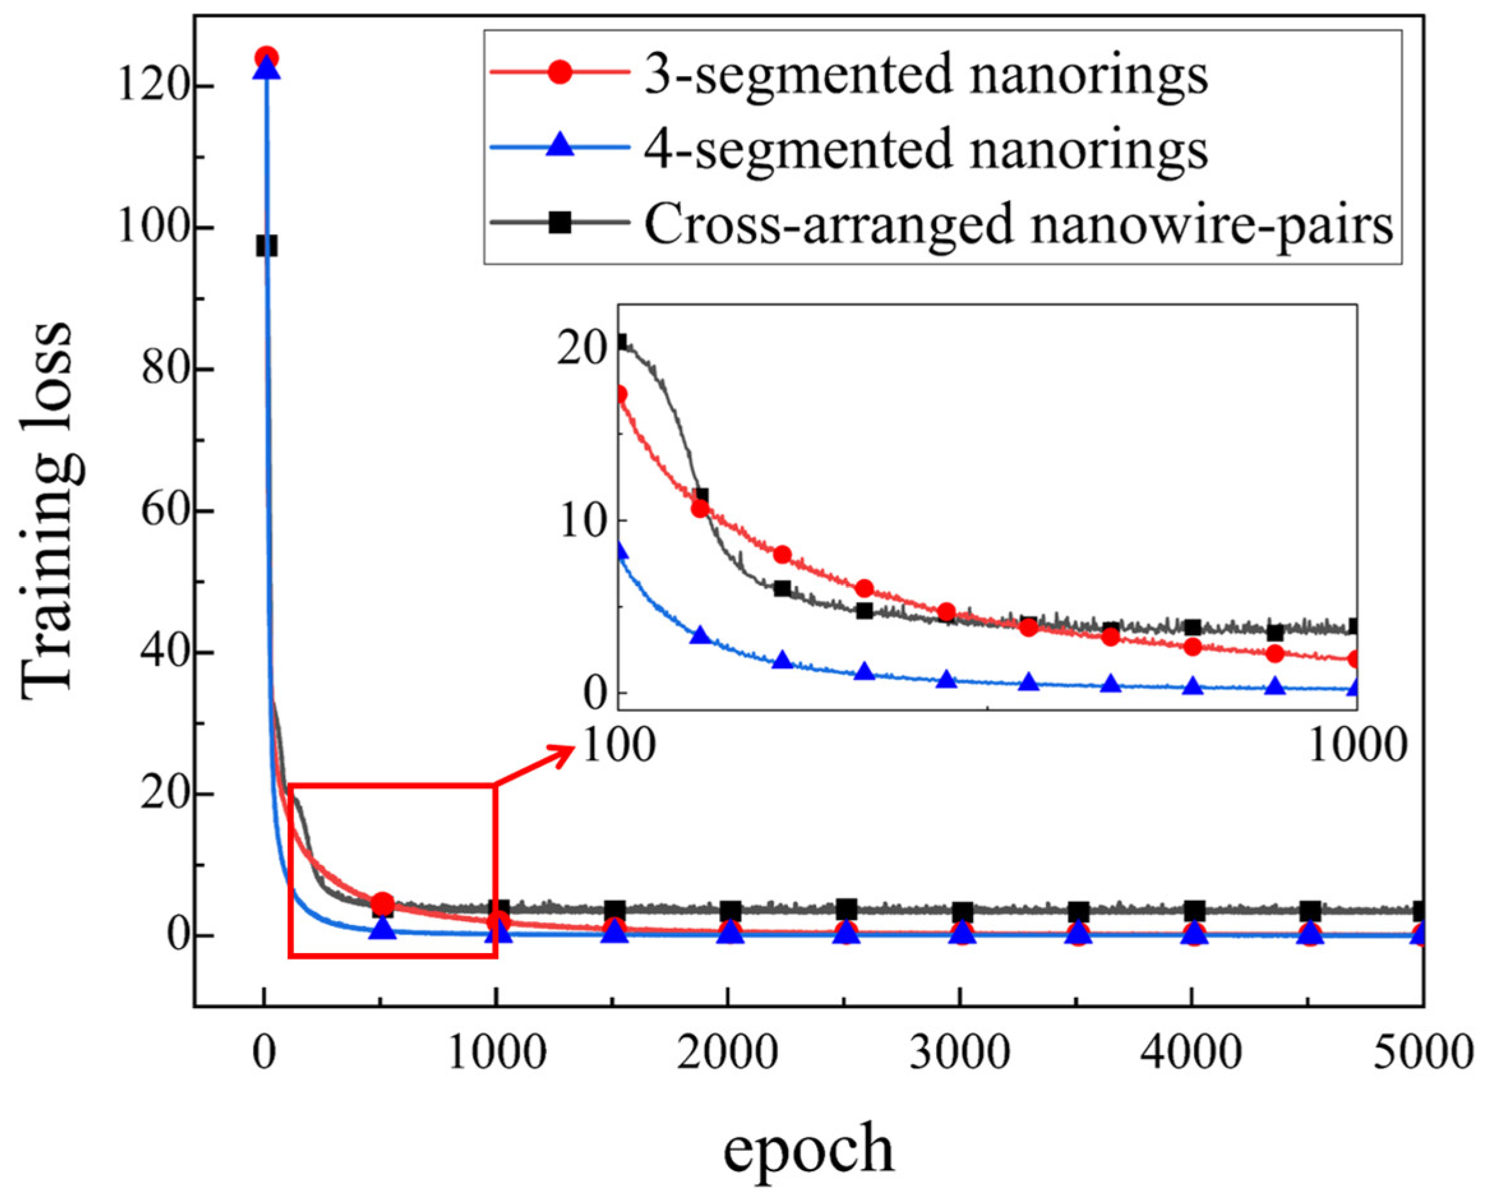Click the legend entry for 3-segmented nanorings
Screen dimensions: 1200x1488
925,75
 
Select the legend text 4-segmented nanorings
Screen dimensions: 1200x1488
925,149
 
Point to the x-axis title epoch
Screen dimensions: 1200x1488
808,1150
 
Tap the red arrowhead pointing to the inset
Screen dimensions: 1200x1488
563,752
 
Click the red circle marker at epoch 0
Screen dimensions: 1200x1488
267,57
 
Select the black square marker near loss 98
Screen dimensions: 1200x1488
267,246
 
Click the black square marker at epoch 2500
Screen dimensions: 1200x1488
846,908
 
